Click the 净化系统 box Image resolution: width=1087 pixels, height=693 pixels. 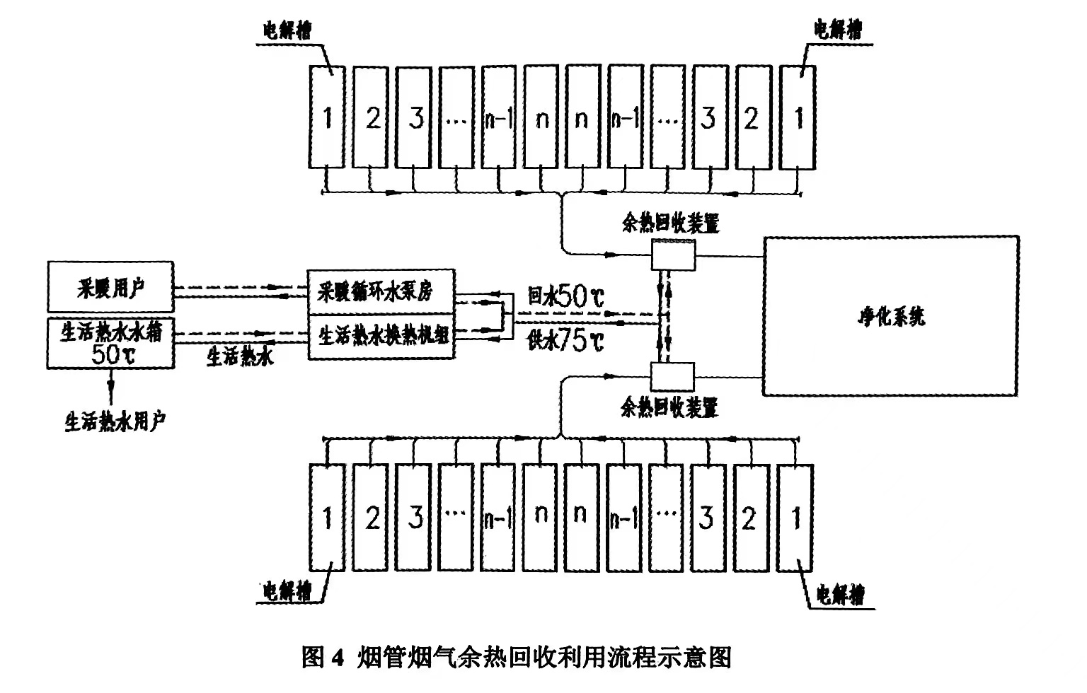890,315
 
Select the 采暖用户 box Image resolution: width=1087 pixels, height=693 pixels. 110,286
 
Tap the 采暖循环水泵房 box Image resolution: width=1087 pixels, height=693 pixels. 381,291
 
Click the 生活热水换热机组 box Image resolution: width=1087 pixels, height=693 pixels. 381,336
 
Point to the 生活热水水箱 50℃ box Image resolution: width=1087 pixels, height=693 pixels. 110,343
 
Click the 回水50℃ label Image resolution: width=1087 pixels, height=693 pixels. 566,296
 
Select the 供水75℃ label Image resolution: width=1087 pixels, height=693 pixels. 566,342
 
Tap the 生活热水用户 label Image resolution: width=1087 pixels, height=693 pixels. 115,422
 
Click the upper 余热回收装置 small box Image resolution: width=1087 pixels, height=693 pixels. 673,253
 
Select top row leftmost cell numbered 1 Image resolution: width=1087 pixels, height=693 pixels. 327,117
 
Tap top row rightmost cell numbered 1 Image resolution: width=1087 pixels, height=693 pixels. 798,117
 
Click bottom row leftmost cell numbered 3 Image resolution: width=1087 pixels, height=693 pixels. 415,518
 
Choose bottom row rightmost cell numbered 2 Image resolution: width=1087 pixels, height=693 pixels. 749,518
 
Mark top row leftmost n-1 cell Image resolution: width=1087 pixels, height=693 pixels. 500,117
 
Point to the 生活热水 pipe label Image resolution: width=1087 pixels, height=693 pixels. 240,357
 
